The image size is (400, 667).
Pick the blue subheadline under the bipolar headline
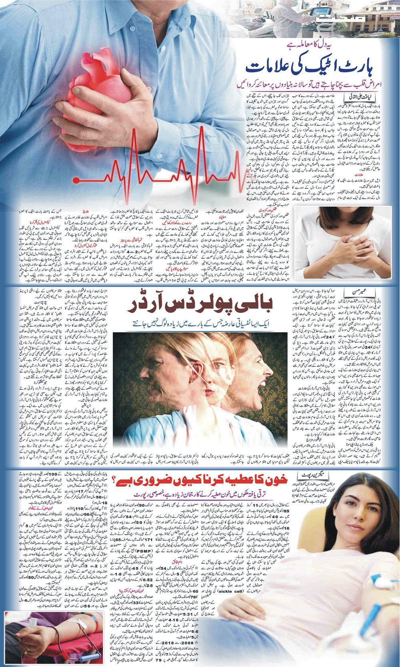pyautogui.click(x=200, y=324)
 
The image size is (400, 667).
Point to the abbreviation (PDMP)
pyautogui.click(x=145, y=551)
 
